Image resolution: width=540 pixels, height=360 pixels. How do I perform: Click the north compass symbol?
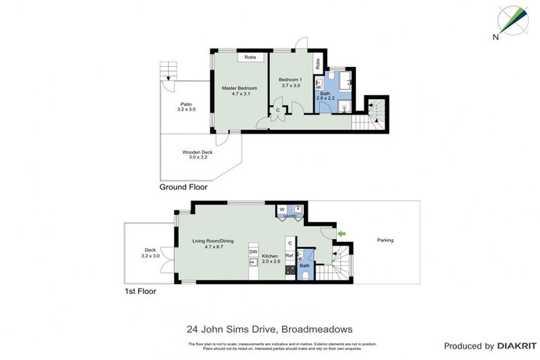pos(513,20)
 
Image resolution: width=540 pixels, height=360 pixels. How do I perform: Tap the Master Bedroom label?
pos(239,91)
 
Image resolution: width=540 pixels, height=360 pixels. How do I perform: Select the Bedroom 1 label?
pos(290,82)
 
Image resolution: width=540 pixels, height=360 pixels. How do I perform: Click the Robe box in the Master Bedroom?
pos(250,57)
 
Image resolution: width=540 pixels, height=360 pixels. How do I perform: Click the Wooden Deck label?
pos(197,155)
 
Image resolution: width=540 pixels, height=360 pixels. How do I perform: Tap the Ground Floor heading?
pos(183,187)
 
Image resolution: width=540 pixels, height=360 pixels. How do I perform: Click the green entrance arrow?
pos(342,233)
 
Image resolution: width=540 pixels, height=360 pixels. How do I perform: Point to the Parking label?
pos(385,240)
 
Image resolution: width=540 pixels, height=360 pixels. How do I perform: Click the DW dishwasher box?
pos(253,251)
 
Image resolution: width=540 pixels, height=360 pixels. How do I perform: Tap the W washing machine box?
pos(282,209)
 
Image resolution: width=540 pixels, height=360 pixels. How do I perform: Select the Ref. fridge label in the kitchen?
pos(289,256)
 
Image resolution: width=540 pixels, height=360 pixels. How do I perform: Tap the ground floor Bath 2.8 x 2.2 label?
pos(324,96)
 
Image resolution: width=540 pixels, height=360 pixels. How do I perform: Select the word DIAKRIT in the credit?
pos(517,346)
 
